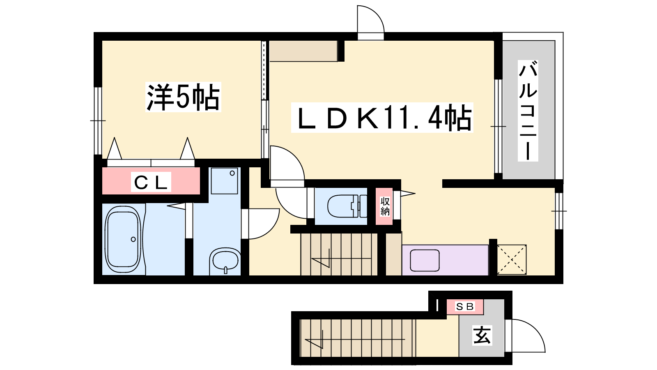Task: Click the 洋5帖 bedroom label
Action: coord(183,97)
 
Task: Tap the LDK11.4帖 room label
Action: coord(382,118)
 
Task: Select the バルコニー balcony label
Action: coord(528,111)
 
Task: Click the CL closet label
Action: coord(151,182)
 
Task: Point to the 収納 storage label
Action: coord(385,206)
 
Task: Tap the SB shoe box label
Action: coord(464,307)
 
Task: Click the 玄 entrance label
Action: coord(482,335)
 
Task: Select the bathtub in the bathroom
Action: coord(123,239)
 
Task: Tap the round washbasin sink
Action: coord(225,260)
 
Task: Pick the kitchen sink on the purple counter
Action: coord(425,260)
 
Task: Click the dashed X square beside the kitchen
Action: coord(512,259)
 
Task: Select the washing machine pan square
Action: coord(224,180)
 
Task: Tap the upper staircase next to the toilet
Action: coord(339,254)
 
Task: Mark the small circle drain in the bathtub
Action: coord(133,239)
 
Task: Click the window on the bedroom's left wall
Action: coord(98,121)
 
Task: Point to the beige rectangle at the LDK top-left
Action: coord(303,51)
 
